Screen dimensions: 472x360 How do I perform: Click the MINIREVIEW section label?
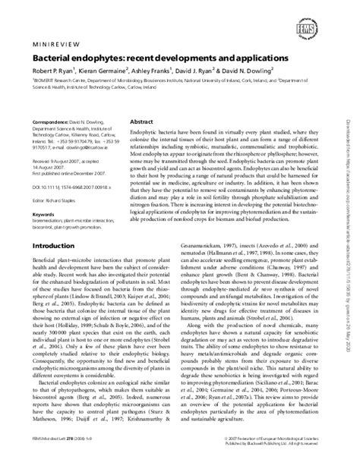(x=54, y=45)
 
